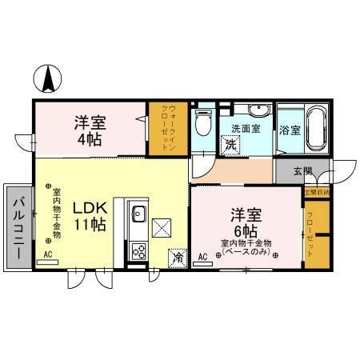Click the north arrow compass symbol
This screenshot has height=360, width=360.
click(x=49, y=78)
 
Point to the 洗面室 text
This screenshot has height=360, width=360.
click(x=246, y=129)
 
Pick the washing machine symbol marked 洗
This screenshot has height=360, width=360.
click(x=230, y=145)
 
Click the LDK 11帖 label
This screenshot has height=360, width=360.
click(x=90, y=216)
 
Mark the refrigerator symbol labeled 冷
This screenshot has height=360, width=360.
click(x=175, y=258)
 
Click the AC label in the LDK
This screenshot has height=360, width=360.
click(x=47, y=254)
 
